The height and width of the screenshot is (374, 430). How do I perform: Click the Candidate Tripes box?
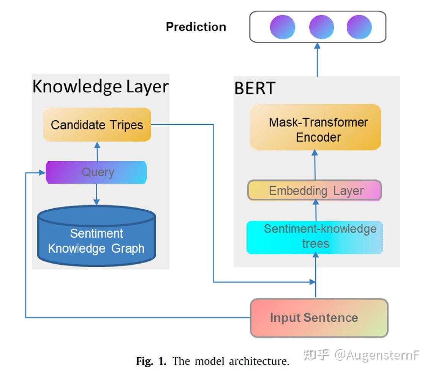97,124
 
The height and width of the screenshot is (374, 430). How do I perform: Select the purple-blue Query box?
96,172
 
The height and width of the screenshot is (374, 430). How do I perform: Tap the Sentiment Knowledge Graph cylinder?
96,236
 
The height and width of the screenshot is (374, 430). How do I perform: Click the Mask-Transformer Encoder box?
315,127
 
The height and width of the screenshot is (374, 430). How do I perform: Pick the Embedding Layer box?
315,190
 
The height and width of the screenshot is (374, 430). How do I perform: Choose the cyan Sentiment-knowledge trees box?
315,237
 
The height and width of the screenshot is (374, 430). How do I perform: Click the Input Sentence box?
319,318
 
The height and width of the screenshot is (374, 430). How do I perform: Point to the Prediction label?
196,27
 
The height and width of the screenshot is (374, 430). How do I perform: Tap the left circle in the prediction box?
283,27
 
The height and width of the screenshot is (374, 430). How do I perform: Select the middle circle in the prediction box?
321,27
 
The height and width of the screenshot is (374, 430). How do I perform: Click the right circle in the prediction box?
359,27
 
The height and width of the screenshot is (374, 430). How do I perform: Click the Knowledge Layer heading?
100,86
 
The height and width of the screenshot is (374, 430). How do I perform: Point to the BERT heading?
255,88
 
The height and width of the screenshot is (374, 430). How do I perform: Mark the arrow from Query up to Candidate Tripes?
97,151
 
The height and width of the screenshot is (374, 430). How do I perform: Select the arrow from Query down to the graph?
96,194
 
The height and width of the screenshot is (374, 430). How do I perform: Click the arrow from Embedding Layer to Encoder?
315,165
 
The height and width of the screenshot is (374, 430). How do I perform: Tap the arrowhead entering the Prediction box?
317,46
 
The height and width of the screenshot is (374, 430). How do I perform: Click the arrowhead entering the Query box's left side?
42,173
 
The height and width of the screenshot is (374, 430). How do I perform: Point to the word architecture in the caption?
259,361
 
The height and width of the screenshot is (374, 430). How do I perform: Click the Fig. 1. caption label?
151,361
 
